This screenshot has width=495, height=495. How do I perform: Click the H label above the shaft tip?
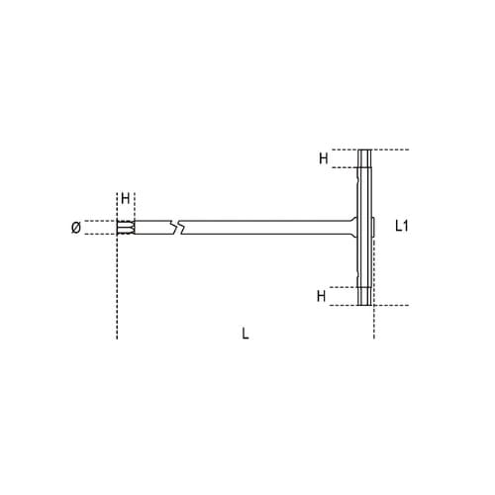point(125,199)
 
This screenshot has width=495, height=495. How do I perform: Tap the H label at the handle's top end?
point(322,157)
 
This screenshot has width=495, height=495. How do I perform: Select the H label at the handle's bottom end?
point(322,295)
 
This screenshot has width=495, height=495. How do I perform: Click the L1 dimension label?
point(402,226)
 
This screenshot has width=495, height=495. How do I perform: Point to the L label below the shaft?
point(245,334)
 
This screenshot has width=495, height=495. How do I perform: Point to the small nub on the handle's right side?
point(375,227)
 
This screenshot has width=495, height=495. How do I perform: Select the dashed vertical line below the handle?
point(374,322)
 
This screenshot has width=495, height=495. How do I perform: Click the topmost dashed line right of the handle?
point(390,149)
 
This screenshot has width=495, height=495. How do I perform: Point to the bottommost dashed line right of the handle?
point(390,304)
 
